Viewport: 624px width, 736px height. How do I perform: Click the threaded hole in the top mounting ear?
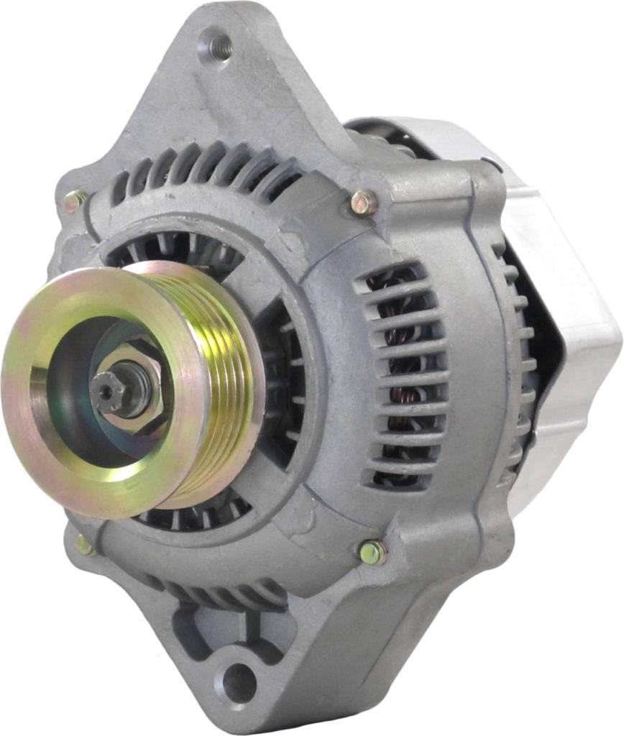coord(217,45)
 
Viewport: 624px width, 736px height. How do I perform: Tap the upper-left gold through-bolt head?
coord(74,201)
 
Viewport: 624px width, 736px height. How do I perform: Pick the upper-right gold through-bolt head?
coord(364,203)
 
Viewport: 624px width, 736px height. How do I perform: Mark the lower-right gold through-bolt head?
coord(372,552)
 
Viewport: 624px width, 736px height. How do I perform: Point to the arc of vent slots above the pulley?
coord(208,169)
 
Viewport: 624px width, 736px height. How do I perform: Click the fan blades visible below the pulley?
coord(194,514)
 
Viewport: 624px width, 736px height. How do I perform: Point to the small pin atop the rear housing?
coord(493,163)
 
